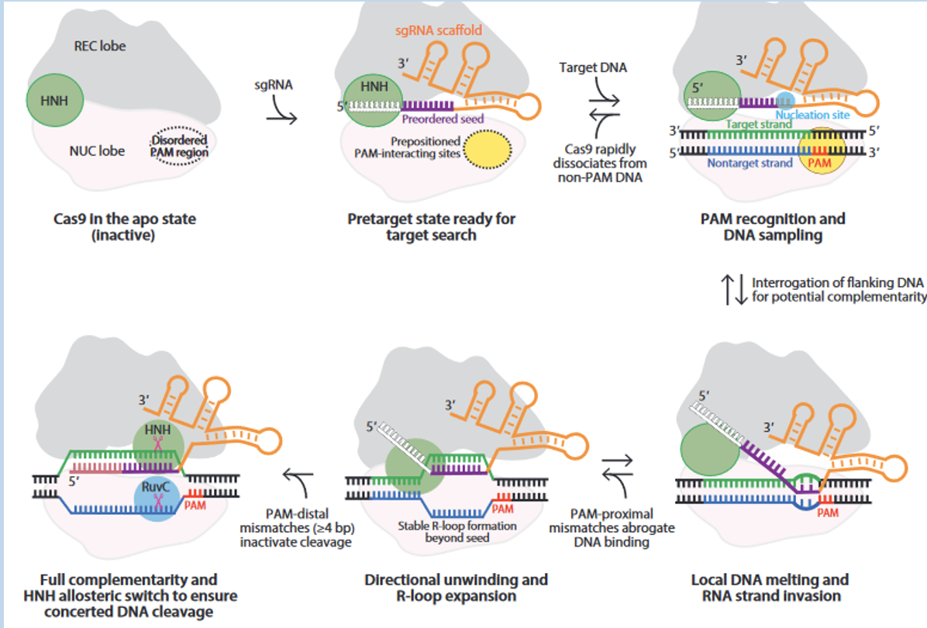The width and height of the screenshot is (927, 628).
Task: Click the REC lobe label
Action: coord(100,47)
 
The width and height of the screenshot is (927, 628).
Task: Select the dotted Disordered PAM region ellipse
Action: coord(179,145)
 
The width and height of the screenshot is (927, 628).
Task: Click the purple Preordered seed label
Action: coord(443,119)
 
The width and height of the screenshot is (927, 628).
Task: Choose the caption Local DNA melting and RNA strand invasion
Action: coord(770,588)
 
